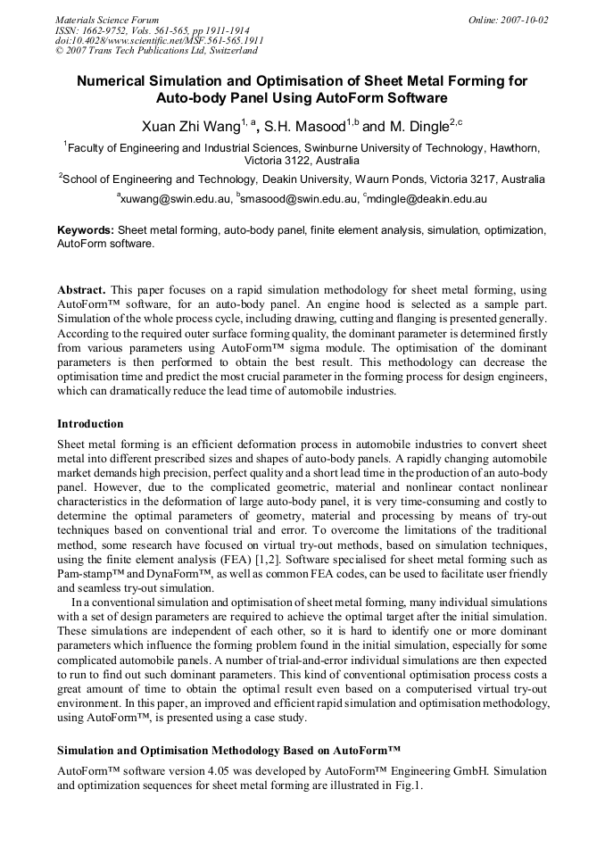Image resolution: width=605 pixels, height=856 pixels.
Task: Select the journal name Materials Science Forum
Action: coord(107,20)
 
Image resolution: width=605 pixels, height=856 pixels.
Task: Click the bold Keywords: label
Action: coord(86,230)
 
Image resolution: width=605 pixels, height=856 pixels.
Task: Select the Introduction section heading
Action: coord(90,423)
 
